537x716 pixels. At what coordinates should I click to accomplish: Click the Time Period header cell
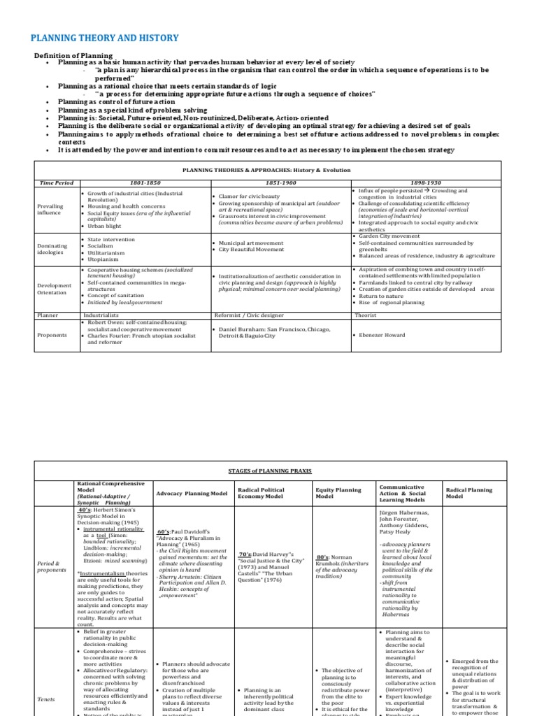(x=55, y=182)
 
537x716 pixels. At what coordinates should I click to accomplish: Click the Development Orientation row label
(x=55, y=289)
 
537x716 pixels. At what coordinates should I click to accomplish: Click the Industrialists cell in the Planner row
(x=100, y=315)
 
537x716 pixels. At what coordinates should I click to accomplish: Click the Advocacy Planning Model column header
(x=192, y=493)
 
